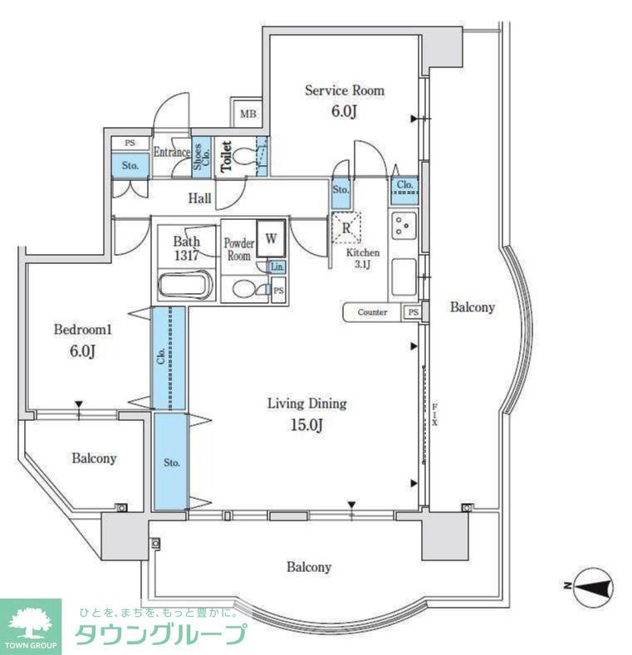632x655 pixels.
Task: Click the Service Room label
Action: click(344, 90)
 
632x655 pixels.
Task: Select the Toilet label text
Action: click(224, 157)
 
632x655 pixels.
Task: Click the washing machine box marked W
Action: click(271, 237)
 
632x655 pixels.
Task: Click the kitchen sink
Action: click(404, 275)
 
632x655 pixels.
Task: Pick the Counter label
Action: click(373, 312)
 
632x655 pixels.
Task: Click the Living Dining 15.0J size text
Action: click(306, 426)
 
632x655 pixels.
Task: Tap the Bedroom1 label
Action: click(82, 330)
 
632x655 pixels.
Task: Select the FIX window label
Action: click(434, 413)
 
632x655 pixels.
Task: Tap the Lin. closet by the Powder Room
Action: click(277, 266)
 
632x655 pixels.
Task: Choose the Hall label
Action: click(198, 199)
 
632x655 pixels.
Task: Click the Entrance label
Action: click(172, 153)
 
